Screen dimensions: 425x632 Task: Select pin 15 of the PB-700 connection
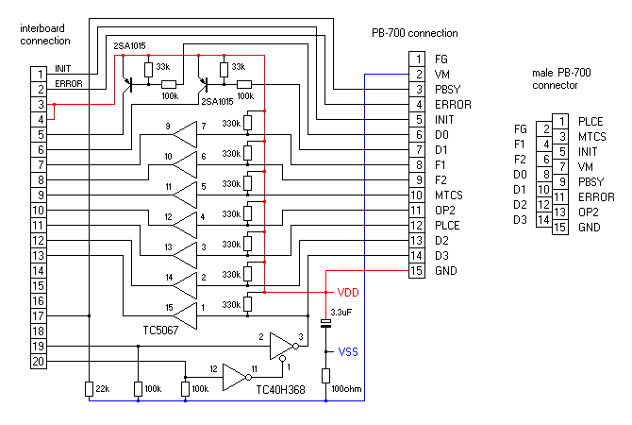point(416,272)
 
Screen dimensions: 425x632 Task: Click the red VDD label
point(348,293)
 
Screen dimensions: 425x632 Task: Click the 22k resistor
point(90,389)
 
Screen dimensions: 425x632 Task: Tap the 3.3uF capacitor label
point(341,311)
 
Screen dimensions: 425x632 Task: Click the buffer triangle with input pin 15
point(189,315)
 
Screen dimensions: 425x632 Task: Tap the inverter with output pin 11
point(237,378)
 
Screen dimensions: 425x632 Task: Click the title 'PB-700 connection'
point(415,33)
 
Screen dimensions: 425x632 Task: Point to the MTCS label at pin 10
point(449,195)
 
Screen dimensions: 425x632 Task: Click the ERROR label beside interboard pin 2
point(69,83)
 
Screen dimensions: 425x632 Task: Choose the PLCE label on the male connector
point(590,121)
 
